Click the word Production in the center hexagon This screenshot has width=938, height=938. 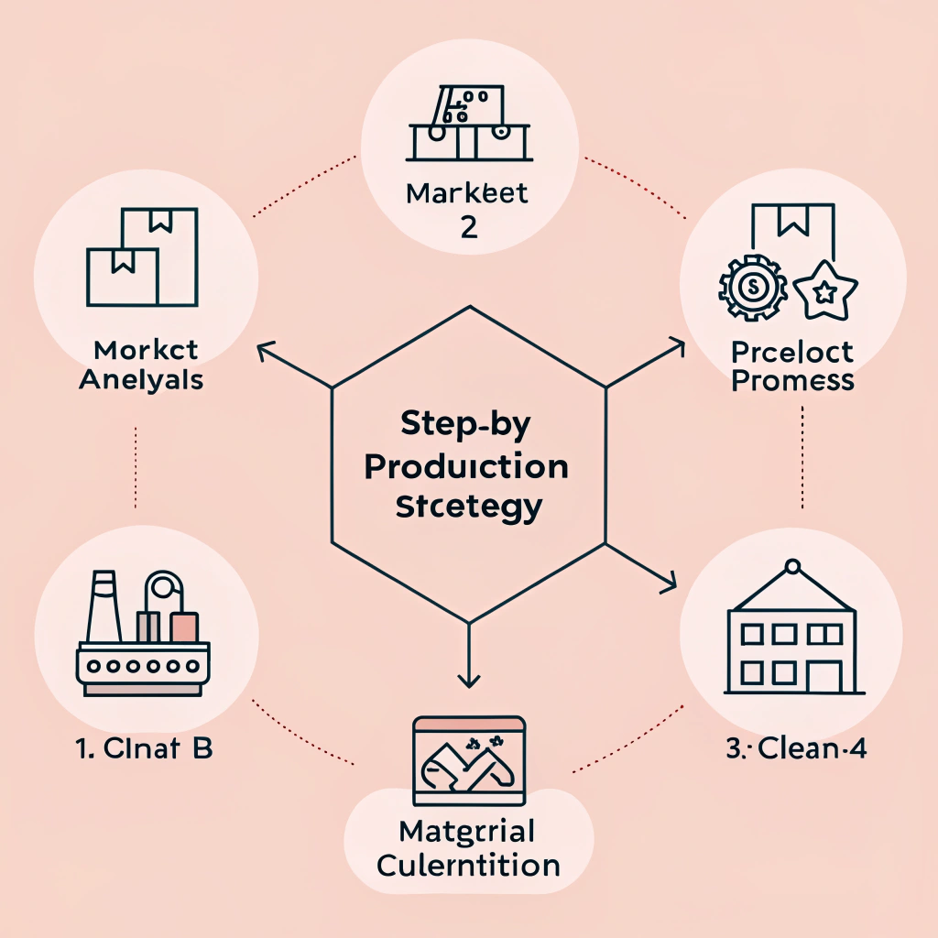466,466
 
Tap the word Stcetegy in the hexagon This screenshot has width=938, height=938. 468,506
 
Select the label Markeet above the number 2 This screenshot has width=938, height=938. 468,194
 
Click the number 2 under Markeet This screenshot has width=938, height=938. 468,226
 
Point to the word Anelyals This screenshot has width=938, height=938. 141,379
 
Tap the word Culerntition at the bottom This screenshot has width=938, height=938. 468,864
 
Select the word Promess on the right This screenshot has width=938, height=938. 793,380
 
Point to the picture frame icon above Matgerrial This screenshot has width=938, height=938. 468,760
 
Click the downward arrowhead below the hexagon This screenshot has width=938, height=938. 468,680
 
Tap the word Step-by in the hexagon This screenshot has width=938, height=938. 466,429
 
